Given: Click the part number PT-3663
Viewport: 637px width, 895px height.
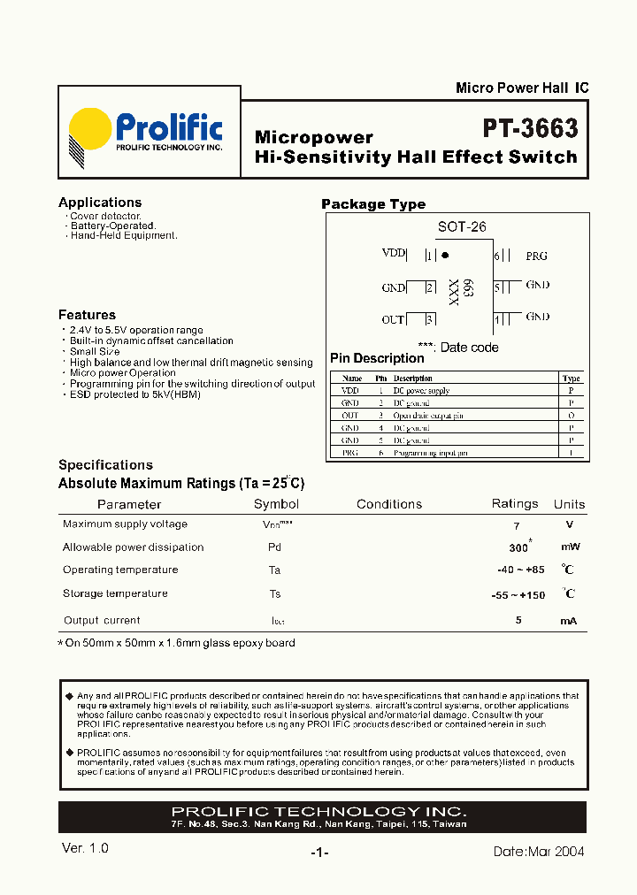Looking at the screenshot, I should [530, 129].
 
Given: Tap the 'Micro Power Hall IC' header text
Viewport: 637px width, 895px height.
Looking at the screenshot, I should [521, 88].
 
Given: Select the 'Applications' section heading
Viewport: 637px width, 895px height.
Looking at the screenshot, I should [100, 203].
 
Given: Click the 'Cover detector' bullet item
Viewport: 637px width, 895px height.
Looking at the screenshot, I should [105, 216].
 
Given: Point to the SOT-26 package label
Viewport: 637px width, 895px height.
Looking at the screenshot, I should [462, 227].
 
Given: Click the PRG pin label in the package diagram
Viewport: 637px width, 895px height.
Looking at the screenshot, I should [536, 256].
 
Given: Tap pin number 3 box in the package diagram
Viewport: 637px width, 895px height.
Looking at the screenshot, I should [430, 319].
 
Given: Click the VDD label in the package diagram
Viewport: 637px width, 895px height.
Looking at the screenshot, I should [393, 254].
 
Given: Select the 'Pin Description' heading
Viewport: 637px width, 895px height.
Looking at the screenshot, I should [377, 358].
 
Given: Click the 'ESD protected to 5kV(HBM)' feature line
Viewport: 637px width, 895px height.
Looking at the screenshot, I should [134, 394].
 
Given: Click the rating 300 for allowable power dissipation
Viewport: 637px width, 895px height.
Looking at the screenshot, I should [519, 547].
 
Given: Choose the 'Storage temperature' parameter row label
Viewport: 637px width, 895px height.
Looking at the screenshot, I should [115, 593].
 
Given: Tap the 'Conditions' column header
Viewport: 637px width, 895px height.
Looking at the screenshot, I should [389, 504].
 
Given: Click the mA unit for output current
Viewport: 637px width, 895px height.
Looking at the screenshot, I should [568, 621].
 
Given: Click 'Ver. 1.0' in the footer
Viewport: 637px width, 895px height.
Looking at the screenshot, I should [86, 848].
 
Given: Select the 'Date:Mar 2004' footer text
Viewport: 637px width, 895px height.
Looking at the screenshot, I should [538, 852].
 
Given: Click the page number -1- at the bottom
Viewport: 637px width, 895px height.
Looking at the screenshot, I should [319, 853].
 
